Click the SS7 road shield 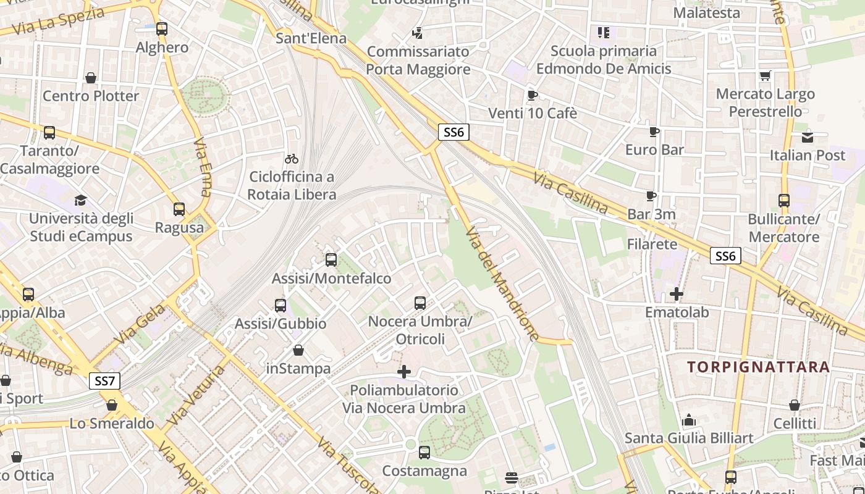tap(105, 381)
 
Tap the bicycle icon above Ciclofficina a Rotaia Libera tap(292, 159)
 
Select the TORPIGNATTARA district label tap(759, 367)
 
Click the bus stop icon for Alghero tap(162, 29)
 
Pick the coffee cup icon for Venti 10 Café tap(532, 95)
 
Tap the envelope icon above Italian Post tap(807, 137)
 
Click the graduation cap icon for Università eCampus tap(80, 200)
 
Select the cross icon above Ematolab tap(677, 294)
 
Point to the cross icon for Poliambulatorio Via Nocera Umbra tap(404, 372)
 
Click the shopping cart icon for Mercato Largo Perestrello tap(766, 76)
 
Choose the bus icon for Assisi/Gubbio tap(281, 305)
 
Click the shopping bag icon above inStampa tap(298, 351)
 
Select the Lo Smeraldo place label tap(112, 424)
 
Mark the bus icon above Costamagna tap(424, 453)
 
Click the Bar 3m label tap(651, 214)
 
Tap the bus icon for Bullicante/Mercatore tap(783, 201)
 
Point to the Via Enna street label tap(202, 167)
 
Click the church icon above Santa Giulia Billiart tap(689, 421)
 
